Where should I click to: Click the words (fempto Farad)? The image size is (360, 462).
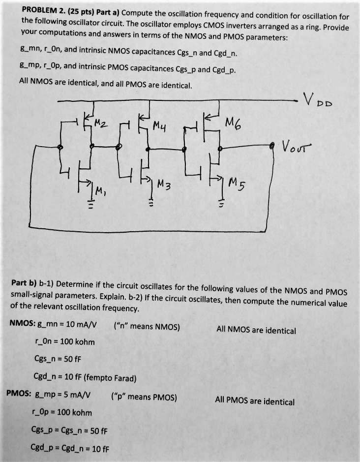[110, 377]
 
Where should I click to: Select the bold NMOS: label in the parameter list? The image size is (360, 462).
[21, 324]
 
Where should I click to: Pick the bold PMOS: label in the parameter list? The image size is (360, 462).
[19, 395]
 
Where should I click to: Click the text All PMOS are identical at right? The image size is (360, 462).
[255, 401]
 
